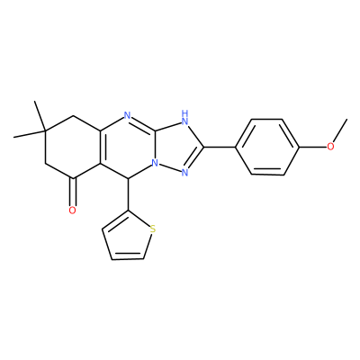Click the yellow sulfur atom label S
pyautogui.click(x=153, y=230)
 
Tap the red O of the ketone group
pyautogui.click(x=72, y=211)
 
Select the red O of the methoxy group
pyautogui.click(x=330, y=147)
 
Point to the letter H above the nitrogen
pyautogui.click(x=185, y=113)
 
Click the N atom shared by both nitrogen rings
pyautogui.click(x=155, y=163)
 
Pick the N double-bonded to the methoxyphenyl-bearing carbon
pyautogui.click(x=184, y=173)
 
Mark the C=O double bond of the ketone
pyautogui.click(x=72, y=192)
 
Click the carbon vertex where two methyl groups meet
pyautogui.click(x=45, y=131)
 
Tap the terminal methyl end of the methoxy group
pyautogui.click(x=346, y=120)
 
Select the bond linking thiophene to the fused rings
pyautogui.click(x=129, y=194)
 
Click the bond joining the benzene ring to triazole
pyautogui.click(x=220, y=147)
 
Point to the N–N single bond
pyautogui.click(x=170, y=168)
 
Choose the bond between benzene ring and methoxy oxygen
pyautogui.click(x=313, y=147)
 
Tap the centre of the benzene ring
pyautogui.click(x=267, y=147)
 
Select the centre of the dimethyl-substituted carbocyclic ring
pyautogui.click(x=72, y=148)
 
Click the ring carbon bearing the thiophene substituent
pyautogui.click(x=129, y=179)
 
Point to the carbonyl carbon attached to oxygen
pyautogui.click(x=73, y=179)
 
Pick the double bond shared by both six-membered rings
pyautogui.click(x=102, y=148)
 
